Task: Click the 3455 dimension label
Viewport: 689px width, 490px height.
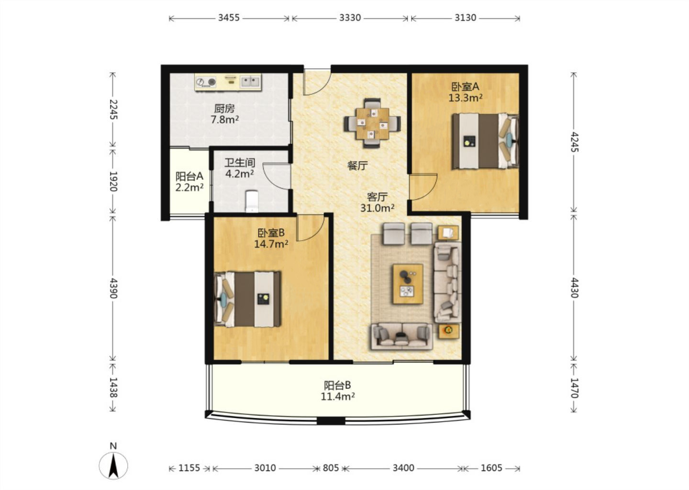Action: pos(229,18)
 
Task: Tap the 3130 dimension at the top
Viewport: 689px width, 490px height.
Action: pos(466,18)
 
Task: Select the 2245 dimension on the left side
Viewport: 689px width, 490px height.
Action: pos(113,110)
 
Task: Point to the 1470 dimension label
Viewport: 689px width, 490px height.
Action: pos(574,388)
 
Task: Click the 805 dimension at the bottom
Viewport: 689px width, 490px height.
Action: pos(331,468)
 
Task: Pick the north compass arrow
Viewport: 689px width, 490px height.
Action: pos(113,466)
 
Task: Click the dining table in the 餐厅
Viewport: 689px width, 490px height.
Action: pos(372,123)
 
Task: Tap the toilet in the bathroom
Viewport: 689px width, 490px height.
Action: pos(252,201)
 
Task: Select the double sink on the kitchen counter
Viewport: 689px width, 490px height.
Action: pos(250,82)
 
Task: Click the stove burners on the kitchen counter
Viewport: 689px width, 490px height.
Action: pos(206,82)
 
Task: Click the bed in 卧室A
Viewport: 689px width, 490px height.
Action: pos(485,141)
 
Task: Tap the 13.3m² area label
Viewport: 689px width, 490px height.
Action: pos(465,98)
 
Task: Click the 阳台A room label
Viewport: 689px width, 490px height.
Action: pos(189,176)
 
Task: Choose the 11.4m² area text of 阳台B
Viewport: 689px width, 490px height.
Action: pos(338,397)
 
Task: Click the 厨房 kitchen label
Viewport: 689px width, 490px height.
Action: pos(224,108)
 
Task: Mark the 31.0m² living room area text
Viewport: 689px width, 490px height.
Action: pos(378,208)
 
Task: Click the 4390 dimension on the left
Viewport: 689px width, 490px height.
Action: pos(113,288)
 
